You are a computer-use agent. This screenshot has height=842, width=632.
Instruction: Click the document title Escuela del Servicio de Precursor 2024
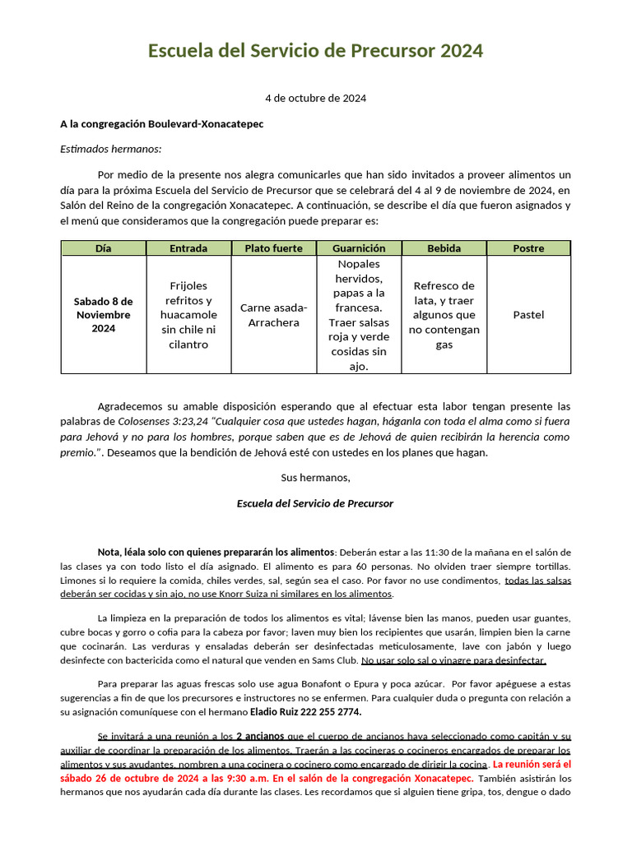point(315,51)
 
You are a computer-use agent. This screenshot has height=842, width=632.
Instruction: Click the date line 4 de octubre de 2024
point(315,98)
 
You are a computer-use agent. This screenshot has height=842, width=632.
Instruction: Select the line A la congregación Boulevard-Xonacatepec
point(161,124)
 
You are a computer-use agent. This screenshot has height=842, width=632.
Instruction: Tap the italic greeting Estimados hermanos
point(111,149)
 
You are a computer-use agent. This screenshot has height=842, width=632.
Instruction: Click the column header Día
point(103,248)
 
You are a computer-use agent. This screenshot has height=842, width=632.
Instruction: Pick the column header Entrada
point(188,248)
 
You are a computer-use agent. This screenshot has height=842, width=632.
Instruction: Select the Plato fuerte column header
point(273,248)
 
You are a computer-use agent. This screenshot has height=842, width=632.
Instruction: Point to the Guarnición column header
point(358,248)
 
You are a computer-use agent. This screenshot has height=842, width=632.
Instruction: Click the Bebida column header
point(444,248)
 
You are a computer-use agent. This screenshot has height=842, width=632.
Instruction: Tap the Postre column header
point(528,248)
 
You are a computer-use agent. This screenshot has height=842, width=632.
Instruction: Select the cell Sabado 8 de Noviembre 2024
point(103,314)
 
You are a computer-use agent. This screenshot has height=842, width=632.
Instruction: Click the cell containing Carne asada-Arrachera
point(273,315)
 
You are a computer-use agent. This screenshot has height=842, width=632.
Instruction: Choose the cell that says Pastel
point(528,315)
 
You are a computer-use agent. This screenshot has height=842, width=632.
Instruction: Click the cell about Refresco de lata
point(444,315)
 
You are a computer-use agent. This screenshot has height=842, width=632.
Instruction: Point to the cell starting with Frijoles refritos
point(188,315)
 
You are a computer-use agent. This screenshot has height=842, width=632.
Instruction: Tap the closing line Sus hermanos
point(315,478)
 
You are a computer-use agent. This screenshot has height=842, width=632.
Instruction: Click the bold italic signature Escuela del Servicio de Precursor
point(315,503)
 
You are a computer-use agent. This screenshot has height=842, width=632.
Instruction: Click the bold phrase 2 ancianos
point(261,737)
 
